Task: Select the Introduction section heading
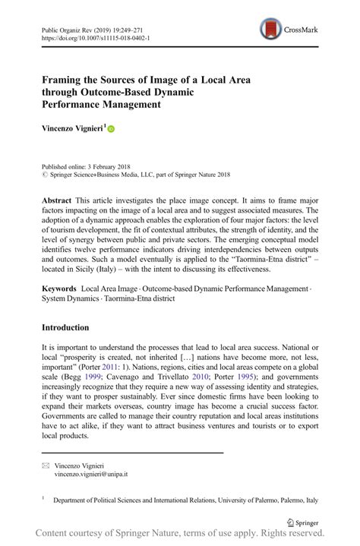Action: point(65,327)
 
